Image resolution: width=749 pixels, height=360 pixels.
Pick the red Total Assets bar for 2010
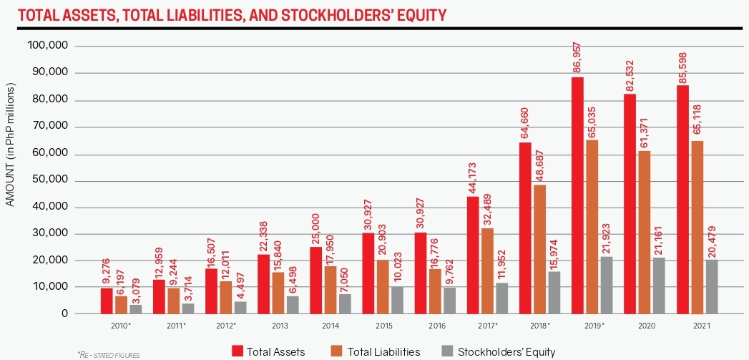107,301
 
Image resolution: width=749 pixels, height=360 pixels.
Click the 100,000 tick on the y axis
47,46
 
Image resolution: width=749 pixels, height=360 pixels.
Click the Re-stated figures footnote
108,354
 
